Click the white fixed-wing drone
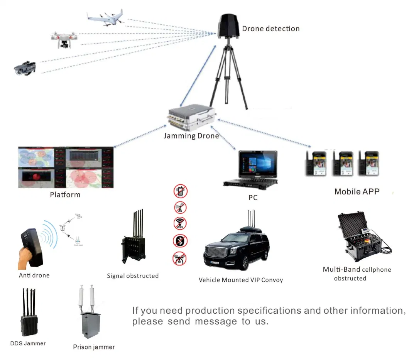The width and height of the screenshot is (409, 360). (x=105, y=19)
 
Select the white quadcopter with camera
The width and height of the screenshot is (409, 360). (x=64, y=39)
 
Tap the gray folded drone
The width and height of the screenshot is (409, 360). (x=25, y=68)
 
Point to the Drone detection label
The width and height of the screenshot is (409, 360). (x=270, y=29)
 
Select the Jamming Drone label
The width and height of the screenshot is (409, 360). (x=191, y=136)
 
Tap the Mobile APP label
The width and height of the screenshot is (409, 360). (x=357, y=191)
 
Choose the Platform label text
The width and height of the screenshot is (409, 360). (x=65, y=194)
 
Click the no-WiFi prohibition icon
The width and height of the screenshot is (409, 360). (x=180, y=224)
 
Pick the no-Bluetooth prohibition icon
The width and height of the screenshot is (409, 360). (x=180, y=241)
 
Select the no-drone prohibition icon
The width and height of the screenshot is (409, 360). (x=180, y=258)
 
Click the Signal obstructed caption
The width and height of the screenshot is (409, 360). (x=133, y=276)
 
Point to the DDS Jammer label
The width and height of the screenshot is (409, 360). (x=28, y=343)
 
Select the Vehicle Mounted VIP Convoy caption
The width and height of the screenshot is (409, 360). (x=241, y=280)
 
